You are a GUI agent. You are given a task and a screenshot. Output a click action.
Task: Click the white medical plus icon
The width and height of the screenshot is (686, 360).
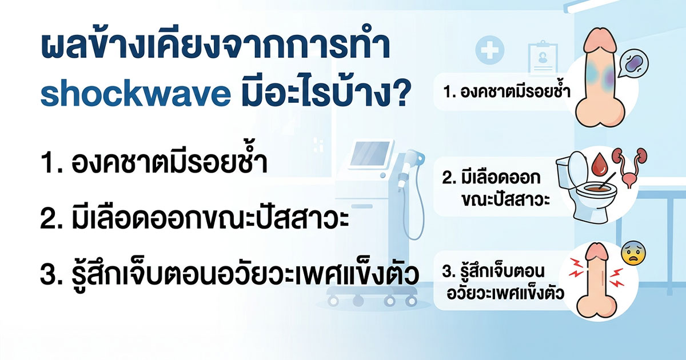pos(489,52)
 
